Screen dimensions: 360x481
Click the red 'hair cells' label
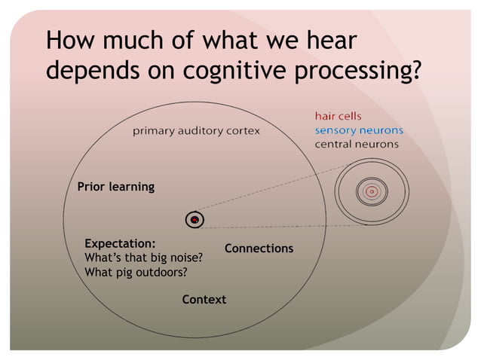pos(338,117)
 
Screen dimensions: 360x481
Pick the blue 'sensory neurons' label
pos(358,130)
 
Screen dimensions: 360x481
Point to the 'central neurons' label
pos(357,144)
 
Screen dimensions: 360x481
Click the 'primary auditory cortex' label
pos(197,131)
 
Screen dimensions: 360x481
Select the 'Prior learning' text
pos(116,187)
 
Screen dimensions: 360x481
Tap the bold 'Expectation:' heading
pos(121,244)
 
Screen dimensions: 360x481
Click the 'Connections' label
pos(259,249)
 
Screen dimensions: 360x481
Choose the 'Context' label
pos(204,300)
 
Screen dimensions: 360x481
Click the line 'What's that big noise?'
pos(144,258)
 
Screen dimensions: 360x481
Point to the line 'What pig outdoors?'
pos(136,272)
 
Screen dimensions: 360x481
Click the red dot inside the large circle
pos(195,220)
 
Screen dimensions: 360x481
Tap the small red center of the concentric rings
pos(372,192)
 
